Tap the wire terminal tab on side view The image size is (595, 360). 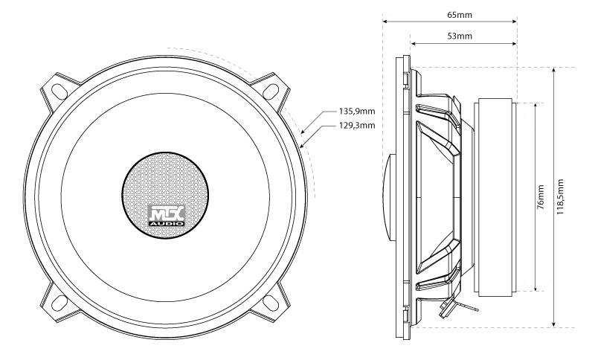[456, 304]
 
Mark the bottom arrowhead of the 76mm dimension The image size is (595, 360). [534, 288]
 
